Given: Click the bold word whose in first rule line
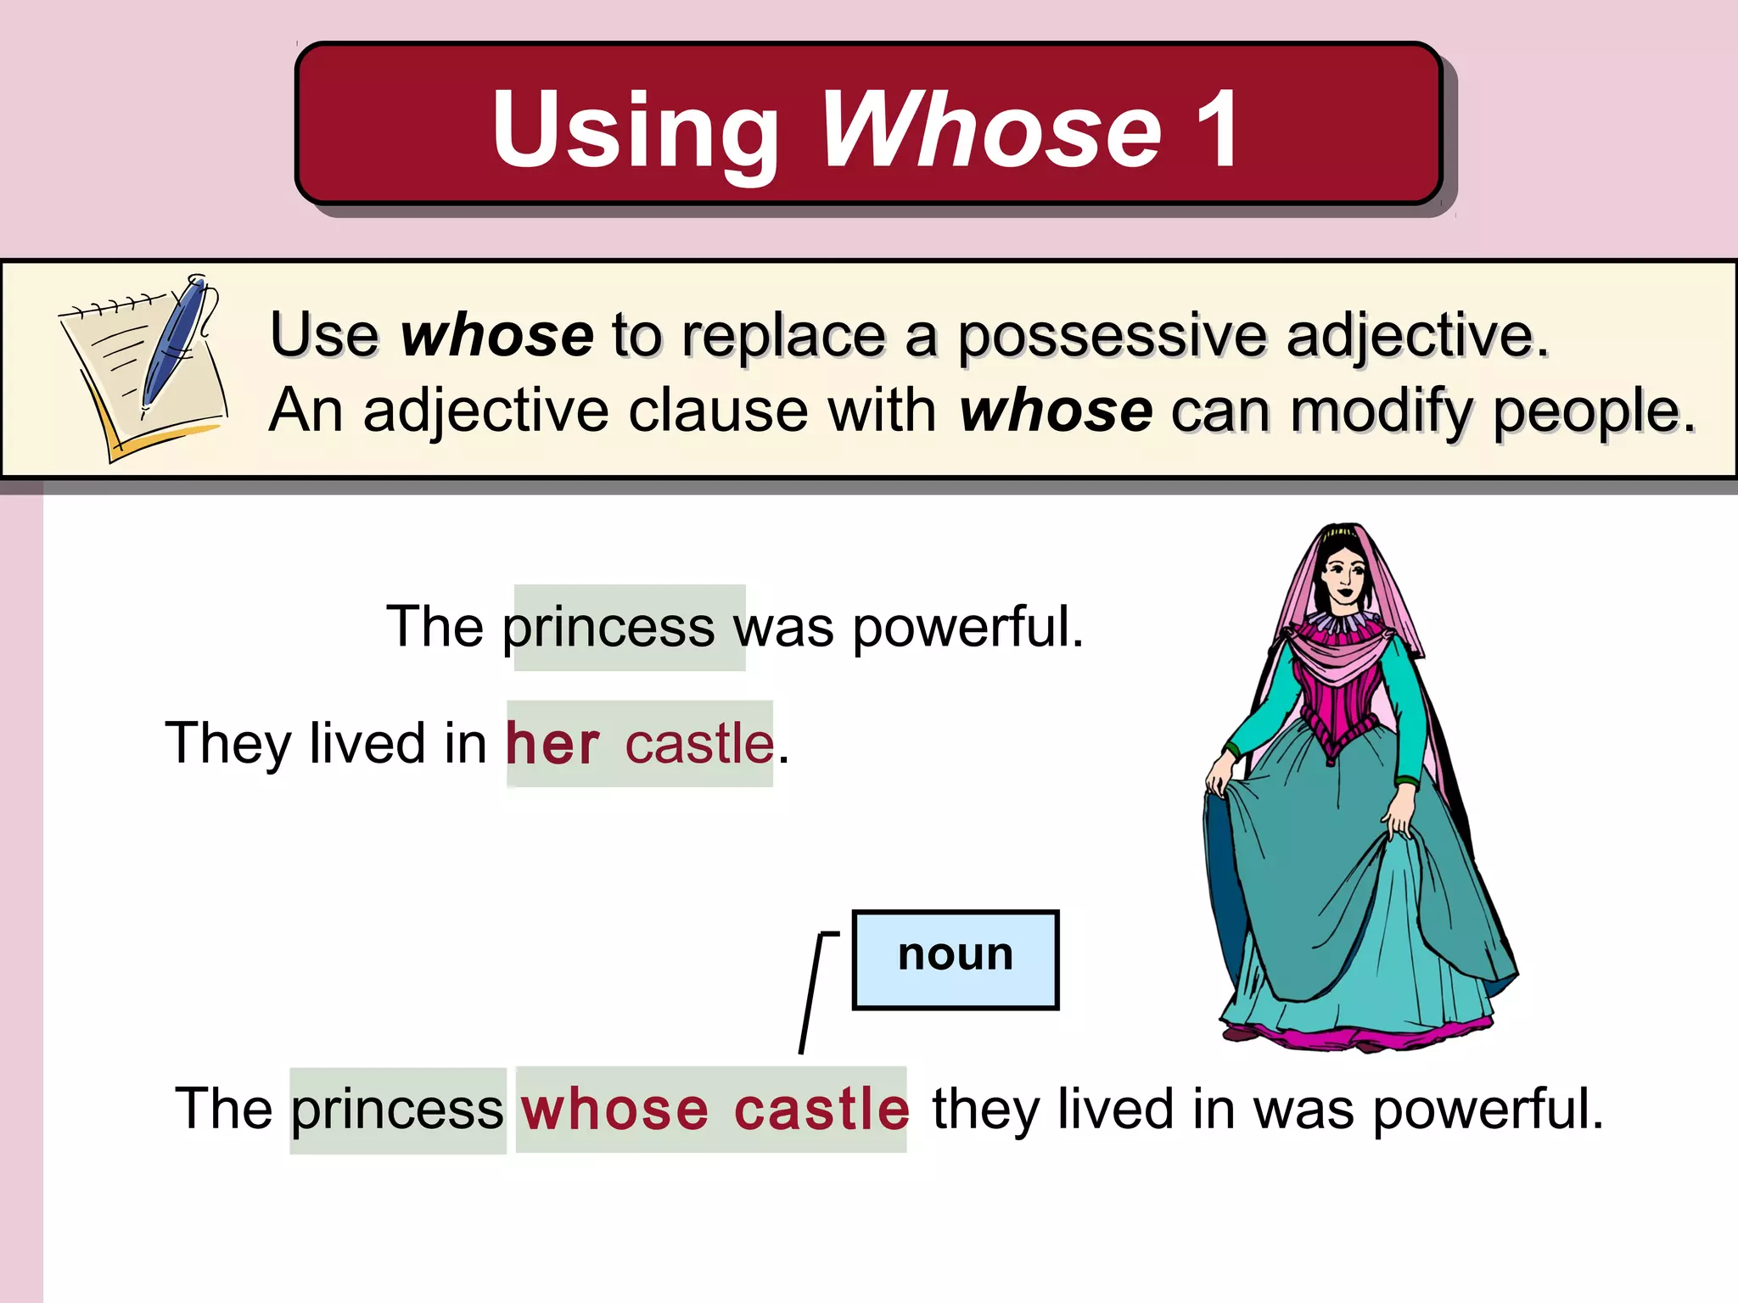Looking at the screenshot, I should pyautogui.click(x=496, y=335).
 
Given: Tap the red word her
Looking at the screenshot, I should pyautogui.click(x=552, y=744).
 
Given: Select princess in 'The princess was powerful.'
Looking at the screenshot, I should pyautogui.click(x=608, y=629).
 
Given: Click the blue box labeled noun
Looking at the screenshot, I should pyautogui.click(x=955, y=959).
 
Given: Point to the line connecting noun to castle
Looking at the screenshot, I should pyautogui.click(x=811, y=993).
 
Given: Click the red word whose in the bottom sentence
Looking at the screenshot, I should pyautogui.click(x=614, y=1110).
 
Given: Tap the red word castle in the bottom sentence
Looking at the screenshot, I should pyautogui.click(x=821, y=1110).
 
